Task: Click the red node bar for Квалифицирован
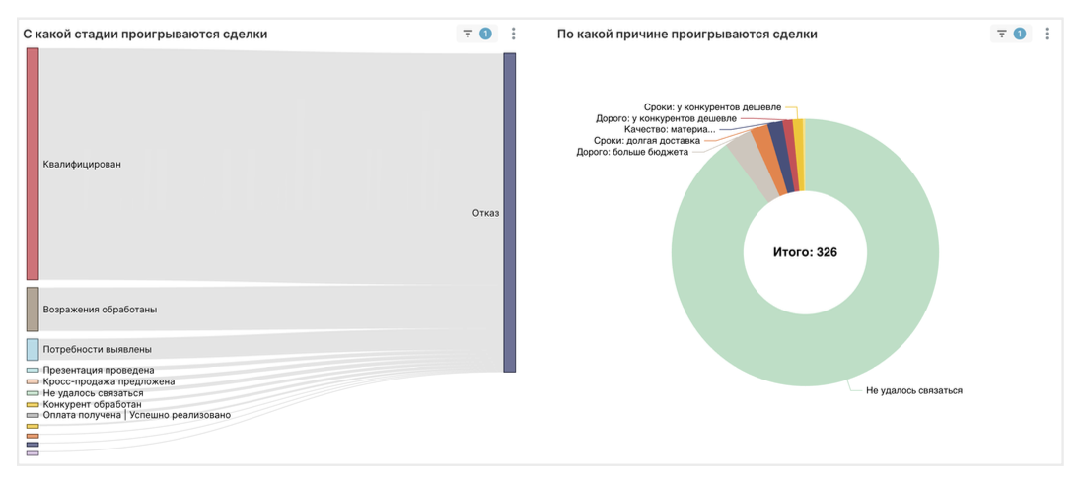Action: tap(33, 164)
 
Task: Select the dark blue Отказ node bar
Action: tap(509, 212)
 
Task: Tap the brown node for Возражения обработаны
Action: tap(33, 309)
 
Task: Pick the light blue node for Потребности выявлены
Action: tap(33, 349)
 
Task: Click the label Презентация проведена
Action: tap(98, 371)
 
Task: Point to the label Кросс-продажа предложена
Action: tap(108, 381)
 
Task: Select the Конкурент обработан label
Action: tap(92, 404)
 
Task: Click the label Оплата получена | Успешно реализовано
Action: tap(136, 415)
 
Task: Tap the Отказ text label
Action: tap(485, 213)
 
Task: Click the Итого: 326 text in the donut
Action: tap(805, 252)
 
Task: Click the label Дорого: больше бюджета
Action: tap(632, 152)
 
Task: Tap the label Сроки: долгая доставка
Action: tap(653, 141)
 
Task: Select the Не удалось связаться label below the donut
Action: tap(913, 390)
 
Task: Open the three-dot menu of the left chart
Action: tap(513, 34)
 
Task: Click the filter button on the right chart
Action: tap(1002, 34)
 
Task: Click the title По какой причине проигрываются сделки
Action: tap(686, 34)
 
